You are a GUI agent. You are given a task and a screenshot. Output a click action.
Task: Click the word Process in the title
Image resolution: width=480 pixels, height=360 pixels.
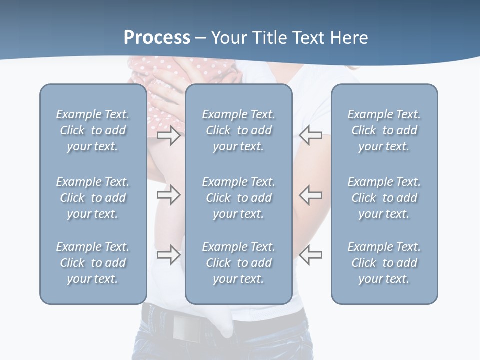pyautogui.click(x=157, y=38)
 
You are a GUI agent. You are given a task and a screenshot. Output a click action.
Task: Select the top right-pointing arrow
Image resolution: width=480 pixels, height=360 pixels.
pyautogui.click(x=168, y=135)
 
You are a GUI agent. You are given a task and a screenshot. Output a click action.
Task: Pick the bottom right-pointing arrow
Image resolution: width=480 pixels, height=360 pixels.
pyautogui.click(x=168, y=255)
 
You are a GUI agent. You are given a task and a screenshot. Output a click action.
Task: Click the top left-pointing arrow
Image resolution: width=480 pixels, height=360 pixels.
pyautogui.click(x=310, y=135)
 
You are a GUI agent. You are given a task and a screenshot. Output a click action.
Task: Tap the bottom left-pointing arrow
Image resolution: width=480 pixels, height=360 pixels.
pyautogui.click(x=310, y=255)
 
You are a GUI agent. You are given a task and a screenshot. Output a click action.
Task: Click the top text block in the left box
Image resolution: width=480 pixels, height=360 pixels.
pyautogui.click(x=93, y=130)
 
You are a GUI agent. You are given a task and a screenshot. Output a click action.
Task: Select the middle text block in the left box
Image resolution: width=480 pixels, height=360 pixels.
pyautogui.click(x=93, y=198)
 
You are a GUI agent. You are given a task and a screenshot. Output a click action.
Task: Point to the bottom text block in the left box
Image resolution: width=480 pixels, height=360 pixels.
pyautogui.click(x=93, y=263)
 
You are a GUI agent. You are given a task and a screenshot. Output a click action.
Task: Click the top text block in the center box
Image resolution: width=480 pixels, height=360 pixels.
pyautogui.click(x=238, y=130)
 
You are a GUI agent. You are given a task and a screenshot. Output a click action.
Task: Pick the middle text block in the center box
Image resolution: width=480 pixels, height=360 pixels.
pyautogui.click(x=238, y=198)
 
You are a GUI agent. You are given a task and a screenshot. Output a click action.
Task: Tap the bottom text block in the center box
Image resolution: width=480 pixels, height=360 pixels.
pyautogui.click(x=238, y=263)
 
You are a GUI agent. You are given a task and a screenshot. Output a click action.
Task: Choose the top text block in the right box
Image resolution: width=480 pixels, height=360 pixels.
pyautogui.click(x=384, y=130)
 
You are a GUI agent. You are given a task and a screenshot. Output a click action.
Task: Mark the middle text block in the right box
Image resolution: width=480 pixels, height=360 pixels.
pyautogui.click(x=384, y=198)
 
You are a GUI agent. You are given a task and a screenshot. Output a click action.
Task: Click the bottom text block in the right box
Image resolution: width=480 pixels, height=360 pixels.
pyautogui.click(x=384, y=263)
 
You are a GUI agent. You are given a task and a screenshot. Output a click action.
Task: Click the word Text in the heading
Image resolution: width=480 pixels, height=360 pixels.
pyautogui.click(x=309, y=38)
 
